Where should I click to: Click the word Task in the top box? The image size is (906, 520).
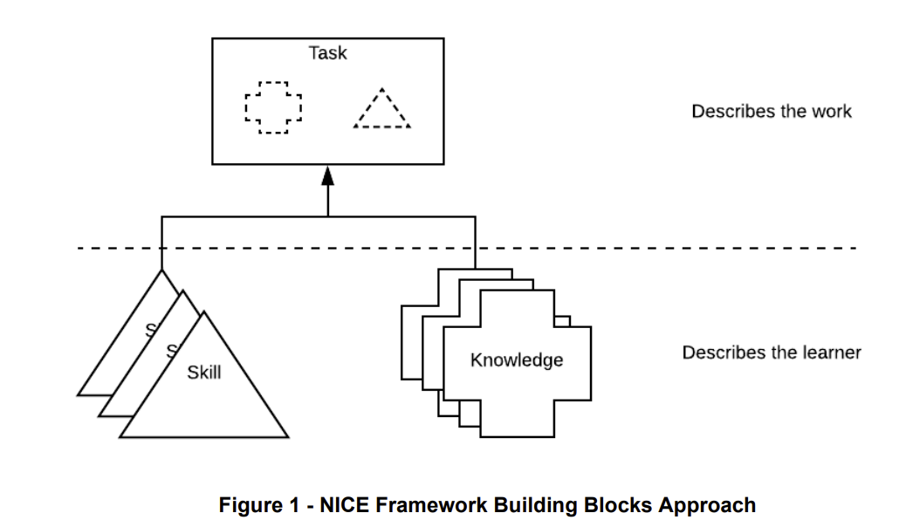(327, 53)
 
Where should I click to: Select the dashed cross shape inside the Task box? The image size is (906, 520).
(272, 108)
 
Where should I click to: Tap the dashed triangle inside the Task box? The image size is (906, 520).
(381, 110)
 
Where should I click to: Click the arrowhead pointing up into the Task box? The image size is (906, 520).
(327, 176)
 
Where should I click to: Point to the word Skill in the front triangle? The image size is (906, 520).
(203, 373)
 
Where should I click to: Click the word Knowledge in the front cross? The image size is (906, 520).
(517, 360)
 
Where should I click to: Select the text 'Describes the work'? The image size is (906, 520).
(771, 112)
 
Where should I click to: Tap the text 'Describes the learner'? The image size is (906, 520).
(771, 353)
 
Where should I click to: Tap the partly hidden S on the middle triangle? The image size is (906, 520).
(172, 351)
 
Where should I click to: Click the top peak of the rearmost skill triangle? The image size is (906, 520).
(161, 271)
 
